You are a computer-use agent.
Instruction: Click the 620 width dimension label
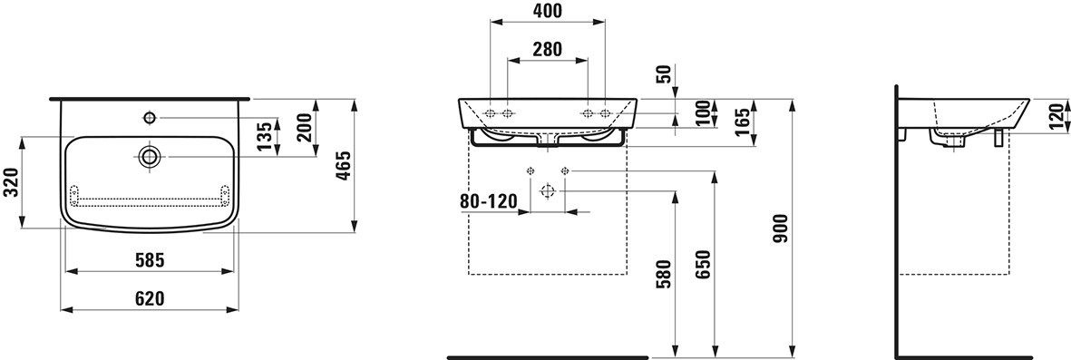[151, 298]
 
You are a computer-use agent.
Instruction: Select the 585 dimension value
[151, 260]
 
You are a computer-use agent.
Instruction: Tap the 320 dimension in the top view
[10, 182]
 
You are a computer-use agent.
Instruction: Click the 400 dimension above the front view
[547, 11]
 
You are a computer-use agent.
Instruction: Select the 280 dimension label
[547, 49]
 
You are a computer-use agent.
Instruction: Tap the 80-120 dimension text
[489, 201]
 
